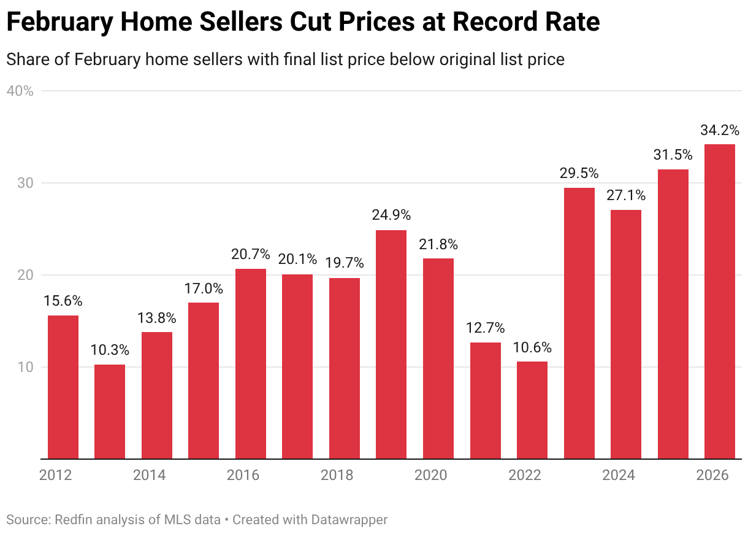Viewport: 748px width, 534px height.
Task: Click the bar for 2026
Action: pos(719,301)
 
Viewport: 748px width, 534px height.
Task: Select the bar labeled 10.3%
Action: pos(110,411)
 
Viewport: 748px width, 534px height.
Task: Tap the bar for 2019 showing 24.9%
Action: pos(391,344)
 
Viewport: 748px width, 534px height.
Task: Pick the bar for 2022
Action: pos(532,410)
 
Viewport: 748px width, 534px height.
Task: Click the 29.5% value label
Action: pos(579,173)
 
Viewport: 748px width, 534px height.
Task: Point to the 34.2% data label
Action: pos(719,130)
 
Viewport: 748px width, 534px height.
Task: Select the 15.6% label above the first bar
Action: pos(63,301)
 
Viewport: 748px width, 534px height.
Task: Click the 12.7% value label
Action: pos(485,328)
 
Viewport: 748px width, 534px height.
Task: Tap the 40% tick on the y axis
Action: pos(20,91)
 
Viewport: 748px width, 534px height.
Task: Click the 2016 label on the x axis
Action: pos(243,476)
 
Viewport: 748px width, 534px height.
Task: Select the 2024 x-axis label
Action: pos(618,476)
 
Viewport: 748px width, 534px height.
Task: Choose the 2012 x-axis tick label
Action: pos(55,476)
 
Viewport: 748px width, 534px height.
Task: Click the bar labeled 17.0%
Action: pos(204,381)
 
